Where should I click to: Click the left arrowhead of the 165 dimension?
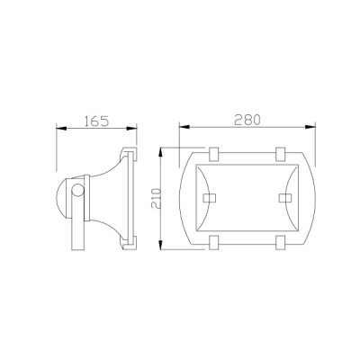coord(60,128)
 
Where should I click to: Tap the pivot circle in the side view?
coord(80,191)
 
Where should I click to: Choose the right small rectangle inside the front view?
coord(285,195)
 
